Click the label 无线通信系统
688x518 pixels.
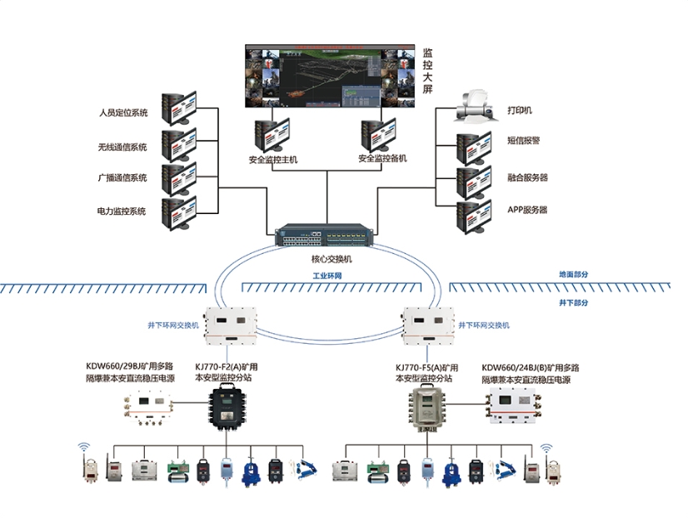(x=122, y=147)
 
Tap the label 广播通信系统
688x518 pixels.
(x=122, y=178)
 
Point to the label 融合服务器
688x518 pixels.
(x=527, y=177)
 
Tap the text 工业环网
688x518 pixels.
(x=327, y=275)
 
